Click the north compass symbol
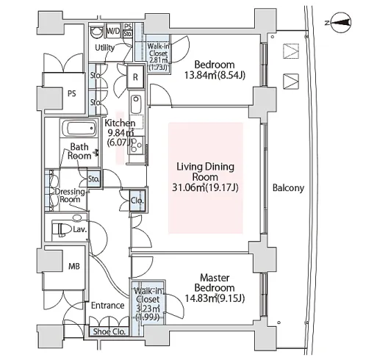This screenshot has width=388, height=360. (340, 24)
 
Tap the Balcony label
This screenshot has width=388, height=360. (288, 188)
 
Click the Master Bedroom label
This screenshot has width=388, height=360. (215, 283)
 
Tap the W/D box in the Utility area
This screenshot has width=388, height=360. (114, 31)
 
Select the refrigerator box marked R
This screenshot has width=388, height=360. (135, 77)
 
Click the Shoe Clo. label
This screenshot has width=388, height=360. (109, 331)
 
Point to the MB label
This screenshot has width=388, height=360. (74, 266)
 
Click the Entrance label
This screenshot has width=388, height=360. (107, 306)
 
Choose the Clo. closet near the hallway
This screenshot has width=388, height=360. (137, 201)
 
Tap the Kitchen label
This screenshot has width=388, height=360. (120, 123)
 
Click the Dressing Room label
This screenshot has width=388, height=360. (70, 195)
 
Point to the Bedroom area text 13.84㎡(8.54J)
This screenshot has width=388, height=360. (215, 75)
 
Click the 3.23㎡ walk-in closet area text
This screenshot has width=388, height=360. (148, 309)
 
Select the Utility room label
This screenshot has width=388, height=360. (105, 48)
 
